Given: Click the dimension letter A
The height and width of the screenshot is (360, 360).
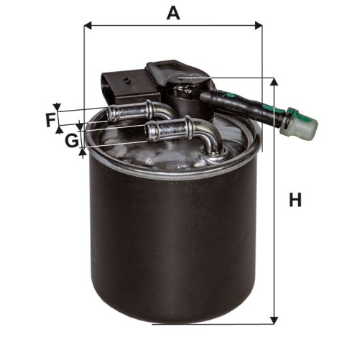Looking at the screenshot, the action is tap(173, 13).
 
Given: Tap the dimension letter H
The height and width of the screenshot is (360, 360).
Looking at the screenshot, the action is tap(295, 200).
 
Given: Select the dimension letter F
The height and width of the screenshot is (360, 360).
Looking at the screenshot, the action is tap(51, 120).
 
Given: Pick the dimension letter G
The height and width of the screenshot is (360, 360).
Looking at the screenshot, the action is tap(72, 140).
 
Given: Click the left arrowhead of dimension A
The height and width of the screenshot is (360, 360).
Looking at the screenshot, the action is tap(88, 25).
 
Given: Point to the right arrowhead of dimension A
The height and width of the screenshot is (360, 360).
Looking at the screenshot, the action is tap(259, 25).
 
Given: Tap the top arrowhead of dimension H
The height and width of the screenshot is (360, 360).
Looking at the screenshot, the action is tap(274, 81).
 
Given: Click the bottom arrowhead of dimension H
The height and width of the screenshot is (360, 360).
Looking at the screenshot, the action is tap(274, 320).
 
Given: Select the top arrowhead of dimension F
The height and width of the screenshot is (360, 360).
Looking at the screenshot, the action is tap(57, 107).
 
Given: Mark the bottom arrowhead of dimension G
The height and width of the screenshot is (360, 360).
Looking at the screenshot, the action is tap(83, 152).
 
